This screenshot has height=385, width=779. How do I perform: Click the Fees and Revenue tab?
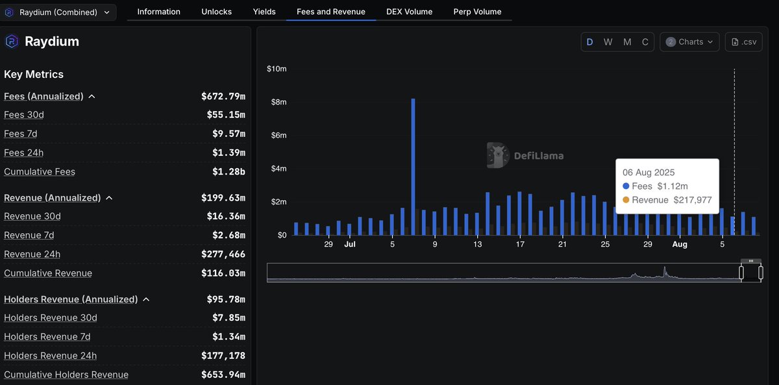pos(330,12)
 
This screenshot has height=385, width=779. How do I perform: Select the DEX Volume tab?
pos(409,12)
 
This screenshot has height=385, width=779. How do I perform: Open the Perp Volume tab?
pos(477,12)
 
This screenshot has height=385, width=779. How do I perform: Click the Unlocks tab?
pos(216,12)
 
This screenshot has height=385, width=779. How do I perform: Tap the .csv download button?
pos(743,42)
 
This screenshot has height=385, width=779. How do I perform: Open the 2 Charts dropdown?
pos(689,42)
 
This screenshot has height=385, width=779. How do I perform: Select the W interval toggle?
pos(608,42)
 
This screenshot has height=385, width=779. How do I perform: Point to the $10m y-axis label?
pos(277,69)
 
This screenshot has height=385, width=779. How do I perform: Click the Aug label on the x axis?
pos(680,244)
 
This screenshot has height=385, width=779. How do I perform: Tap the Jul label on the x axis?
pos(350,244)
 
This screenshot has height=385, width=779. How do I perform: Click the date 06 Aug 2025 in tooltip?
pos(649,173)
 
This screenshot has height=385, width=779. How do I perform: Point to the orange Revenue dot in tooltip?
pos(626,200)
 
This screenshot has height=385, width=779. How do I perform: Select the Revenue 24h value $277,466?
pos(223,255)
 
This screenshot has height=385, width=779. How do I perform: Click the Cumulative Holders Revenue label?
pos(66,375)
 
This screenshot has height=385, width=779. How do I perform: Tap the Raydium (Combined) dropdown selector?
pos(59,12)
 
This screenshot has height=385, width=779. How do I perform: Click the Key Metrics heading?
pos(34,74)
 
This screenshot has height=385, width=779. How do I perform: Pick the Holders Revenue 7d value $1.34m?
pos(229,336)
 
